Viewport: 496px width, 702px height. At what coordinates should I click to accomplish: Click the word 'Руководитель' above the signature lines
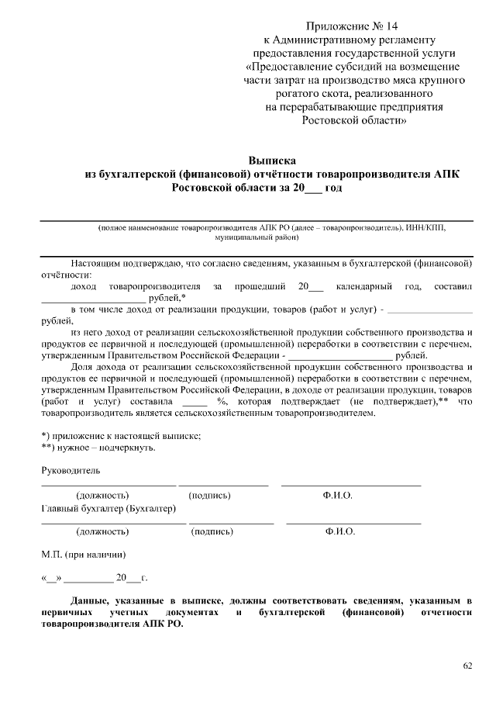click(x=70, y=470)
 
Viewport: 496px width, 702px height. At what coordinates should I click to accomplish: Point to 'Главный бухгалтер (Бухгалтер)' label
click(x=108, y=509)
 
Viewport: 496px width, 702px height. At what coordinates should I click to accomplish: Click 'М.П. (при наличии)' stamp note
click(x=79, y=555)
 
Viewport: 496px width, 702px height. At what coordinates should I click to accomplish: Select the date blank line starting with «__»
click(x=93, y=578)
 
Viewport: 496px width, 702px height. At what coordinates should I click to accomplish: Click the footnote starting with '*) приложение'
click(x=120, y=435)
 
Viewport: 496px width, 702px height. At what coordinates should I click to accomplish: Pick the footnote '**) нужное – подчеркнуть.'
click(x=98, y=448)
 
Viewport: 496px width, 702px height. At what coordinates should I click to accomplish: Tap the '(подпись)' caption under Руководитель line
click(x=209, y=495)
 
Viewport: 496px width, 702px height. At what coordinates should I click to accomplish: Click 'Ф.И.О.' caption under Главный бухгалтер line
click(x=340, y=532)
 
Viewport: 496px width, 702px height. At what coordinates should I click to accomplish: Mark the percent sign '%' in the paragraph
click(x=222, y=401)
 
